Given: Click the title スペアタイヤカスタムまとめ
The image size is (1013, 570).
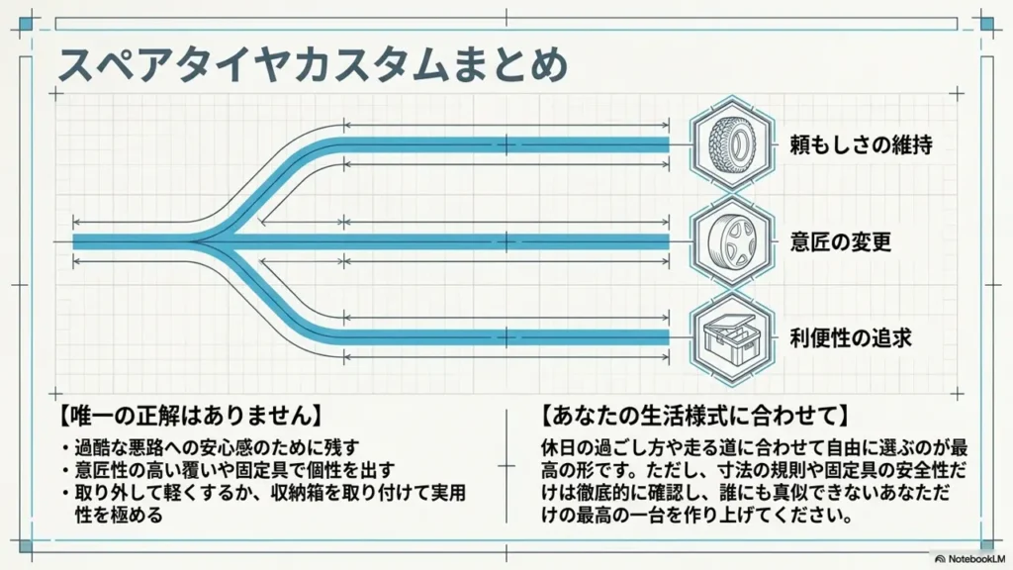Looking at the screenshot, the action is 313,64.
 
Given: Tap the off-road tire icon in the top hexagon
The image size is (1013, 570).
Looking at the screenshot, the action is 732,143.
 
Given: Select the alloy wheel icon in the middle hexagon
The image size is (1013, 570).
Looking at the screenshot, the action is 732,242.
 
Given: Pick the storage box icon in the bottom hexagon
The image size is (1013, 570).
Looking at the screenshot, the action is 732,337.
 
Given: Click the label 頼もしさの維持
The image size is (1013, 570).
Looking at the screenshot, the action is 862,144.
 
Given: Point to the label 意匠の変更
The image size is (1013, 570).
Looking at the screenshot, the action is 841,241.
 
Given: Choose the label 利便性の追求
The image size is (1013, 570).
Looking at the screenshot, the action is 851,337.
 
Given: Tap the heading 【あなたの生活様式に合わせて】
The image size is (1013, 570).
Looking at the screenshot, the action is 694,415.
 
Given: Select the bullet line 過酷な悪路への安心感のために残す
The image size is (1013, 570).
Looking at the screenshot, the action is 217,447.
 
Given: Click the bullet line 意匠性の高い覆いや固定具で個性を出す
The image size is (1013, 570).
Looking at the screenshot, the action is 233,470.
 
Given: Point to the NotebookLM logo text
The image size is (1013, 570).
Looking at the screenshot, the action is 970,558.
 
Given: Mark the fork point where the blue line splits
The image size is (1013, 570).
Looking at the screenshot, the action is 194,242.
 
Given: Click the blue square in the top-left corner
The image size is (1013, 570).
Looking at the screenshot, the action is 26,25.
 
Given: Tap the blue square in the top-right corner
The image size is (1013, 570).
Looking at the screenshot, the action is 986,25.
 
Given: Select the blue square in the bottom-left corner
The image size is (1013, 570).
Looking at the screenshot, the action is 26,546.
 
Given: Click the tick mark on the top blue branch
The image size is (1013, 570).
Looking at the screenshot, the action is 506,144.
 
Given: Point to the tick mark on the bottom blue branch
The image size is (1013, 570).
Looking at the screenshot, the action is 506,337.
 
